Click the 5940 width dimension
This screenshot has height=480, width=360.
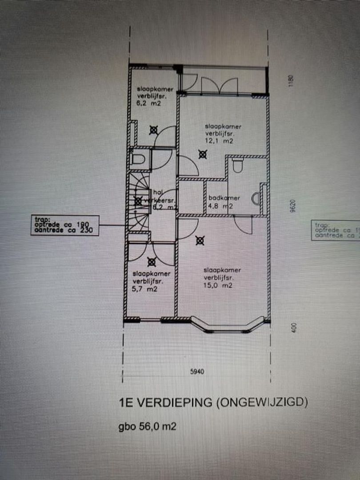pos(197,372)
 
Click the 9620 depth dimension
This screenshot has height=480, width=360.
pos(292,207)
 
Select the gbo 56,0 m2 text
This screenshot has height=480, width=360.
pos(147,427)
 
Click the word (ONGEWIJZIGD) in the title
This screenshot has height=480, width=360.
pos(262,404)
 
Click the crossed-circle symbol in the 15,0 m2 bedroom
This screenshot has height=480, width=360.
pos(200,241)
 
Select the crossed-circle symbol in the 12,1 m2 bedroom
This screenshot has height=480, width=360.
pos(203,155)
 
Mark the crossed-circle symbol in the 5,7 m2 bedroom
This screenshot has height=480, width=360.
pos(151,262)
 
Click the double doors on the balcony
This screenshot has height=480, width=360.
pos(219,85)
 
